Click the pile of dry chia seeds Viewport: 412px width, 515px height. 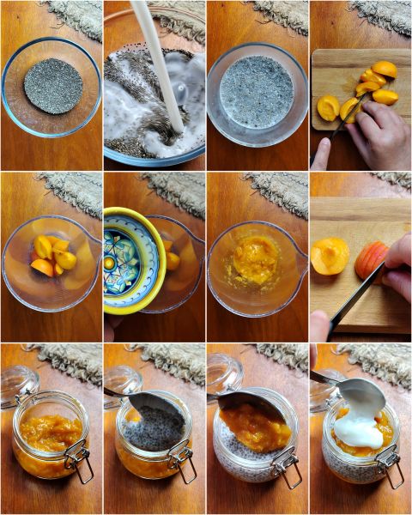tap(53, 86)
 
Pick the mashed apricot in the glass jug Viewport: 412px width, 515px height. tap(256, 260)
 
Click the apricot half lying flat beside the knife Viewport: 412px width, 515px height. tap(330, 256)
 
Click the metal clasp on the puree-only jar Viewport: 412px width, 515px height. tap(80, 458)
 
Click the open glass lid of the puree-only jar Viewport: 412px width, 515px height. tap(18, 386)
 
